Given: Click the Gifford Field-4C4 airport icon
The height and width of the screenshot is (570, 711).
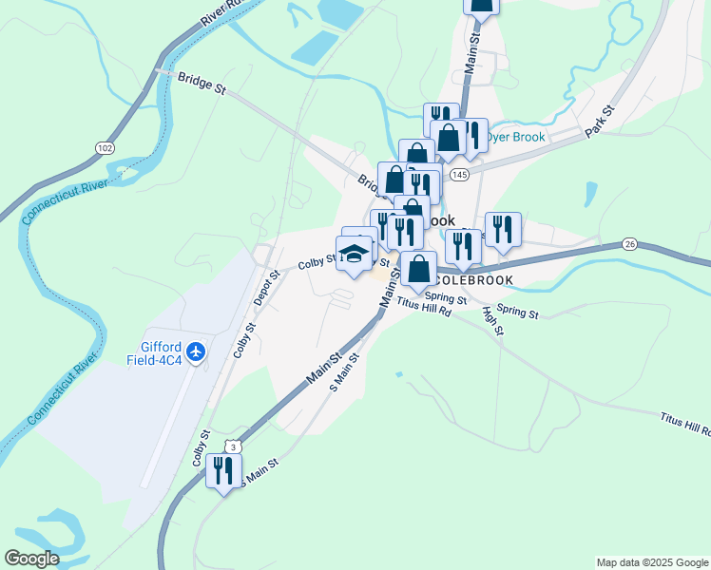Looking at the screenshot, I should pos(197,352).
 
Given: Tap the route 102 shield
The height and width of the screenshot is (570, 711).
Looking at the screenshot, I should pos(104,148).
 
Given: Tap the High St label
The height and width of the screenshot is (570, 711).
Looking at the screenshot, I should pos(492,320).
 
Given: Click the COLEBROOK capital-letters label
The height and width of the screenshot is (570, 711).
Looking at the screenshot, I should pos(471,280).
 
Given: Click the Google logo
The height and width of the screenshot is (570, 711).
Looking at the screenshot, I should pos(31,559).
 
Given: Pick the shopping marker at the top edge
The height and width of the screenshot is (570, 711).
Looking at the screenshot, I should pos(481,6).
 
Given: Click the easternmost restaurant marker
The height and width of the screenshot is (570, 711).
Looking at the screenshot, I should pos(503,229).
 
